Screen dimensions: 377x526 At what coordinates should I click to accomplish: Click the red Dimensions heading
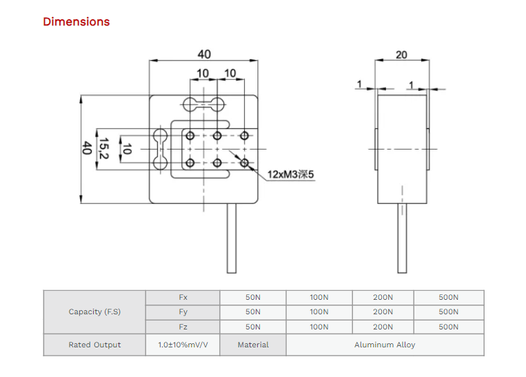76,21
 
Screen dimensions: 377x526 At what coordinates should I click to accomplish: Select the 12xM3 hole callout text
290,174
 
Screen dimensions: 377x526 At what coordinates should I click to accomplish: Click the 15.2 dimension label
103,148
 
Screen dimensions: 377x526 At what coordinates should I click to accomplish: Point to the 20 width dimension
401,54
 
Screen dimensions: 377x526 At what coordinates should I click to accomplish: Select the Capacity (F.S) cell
94,312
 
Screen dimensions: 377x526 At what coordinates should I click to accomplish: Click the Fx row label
183,298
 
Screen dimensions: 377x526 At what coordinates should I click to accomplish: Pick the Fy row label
183,312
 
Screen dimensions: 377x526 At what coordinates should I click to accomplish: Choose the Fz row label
183,327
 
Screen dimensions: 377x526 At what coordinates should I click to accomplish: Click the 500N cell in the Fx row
448,298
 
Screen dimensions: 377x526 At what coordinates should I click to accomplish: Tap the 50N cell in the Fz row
253,327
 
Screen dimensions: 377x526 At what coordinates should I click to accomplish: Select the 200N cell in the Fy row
383,312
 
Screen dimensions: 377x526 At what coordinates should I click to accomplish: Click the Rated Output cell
94,345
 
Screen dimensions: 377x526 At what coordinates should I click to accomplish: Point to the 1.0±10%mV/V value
183,345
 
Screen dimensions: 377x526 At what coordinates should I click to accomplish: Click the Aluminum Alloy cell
385,345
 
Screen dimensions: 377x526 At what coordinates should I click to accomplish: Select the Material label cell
253,345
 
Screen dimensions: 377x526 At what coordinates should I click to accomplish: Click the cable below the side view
401,238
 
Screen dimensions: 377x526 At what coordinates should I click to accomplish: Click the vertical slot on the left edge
160,148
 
